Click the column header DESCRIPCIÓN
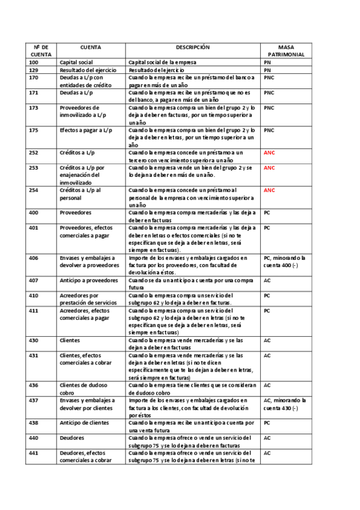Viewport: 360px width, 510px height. [x=192, y=47]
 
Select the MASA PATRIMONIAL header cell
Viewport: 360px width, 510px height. [x=285, y=51]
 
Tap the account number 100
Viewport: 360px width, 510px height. [x=34, y=63]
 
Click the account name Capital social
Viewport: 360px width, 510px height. [x=76, y=63]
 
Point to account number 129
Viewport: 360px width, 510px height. [x=34, y=70]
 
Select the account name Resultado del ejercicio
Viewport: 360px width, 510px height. [x=87, y=70]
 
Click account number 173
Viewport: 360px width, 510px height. [x=34, y=108]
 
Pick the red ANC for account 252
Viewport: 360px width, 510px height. [x=269, y=153]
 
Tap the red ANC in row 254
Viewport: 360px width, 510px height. [x=269, y=190]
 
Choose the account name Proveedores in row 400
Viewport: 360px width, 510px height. [x=76, y=213]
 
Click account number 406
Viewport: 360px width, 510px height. [x=34, y=258]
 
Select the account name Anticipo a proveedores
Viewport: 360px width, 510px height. [x=87, y=280]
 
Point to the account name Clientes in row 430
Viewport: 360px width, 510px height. [x=70, y=340]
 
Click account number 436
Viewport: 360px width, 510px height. [x=34, y=385]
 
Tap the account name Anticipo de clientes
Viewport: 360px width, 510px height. [x=85, y=423]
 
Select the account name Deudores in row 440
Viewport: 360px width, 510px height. [x=72, y=438]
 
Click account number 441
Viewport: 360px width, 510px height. [x=34, y=453]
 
